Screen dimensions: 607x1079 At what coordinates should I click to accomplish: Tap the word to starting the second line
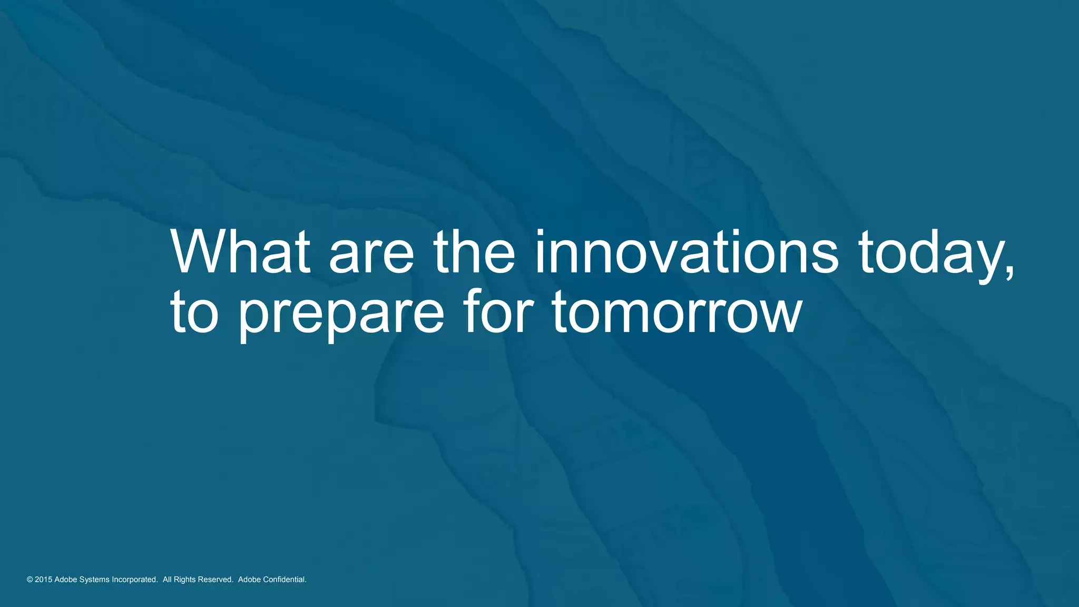click(194, 313)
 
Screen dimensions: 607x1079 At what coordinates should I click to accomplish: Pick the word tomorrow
click(677, 313)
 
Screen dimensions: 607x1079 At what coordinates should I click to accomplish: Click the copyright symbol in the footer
click(30, 580)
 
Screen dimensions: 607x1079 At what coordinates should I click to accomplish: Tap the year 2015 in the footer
click(43, 580)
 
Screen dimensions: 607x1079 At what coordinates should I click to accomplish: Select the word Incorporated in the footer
click(134, 580)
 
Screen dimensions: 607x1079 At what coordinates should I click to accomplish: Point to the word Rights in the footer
click(184, 580)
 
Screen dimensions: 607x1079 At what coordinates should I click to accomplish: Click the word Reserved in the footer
click(215, 580)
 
